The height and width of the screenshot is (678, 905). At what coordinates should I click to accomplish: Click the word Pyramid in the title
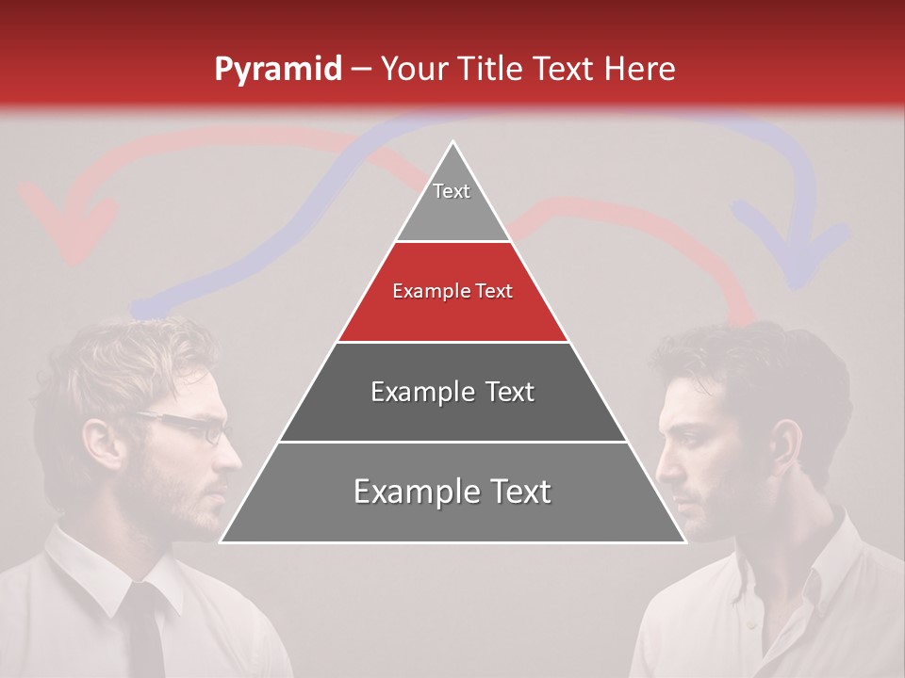coord(278,70)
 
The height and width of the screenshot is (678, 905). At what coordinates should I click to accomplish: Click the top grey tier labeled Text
coord(452,202)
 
